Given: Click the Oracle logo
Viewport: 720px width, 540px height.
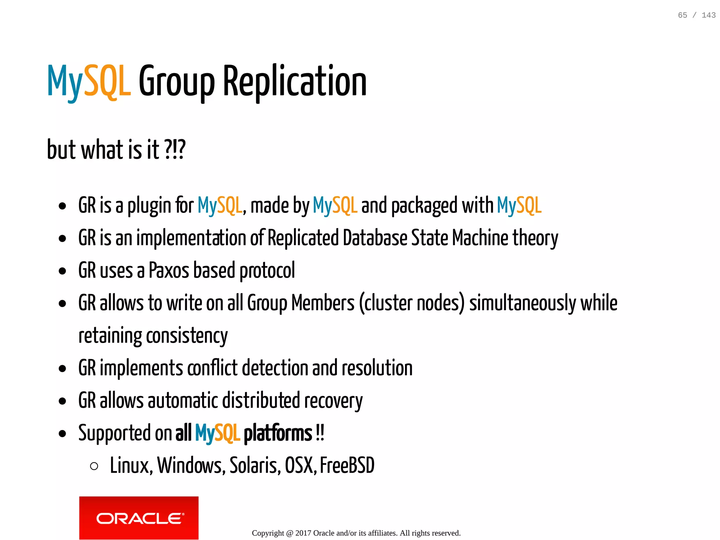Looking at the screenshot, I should (139, 518).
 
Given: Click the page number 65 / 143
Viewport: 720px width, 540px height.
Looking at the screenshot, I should (696, 15).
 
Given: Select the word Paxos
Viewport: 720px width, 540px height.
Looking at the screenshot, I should (169, 271).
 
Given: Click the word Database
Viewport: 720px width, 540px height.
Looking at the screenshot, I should (375, 238).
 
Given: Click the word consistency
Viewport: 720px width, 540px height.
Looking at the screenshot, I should (187, 336).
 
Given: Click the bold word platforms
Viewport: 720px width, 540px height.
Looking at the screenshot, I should (278, 433).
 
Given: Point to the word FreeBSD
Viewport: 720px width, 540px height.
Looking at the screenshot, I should (347, 466).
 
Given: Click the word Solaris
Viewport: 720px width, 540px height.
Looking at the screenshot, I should (255, 466).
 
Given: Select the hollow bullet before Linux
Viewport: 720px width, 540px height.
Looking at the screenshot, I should (94, 466).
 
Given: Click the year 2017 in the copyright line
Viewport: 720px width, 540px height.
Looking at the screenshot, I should (303, 533).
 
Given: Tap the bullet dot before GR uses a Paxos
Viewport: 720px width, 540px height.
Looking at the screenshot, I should (63, 271).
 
